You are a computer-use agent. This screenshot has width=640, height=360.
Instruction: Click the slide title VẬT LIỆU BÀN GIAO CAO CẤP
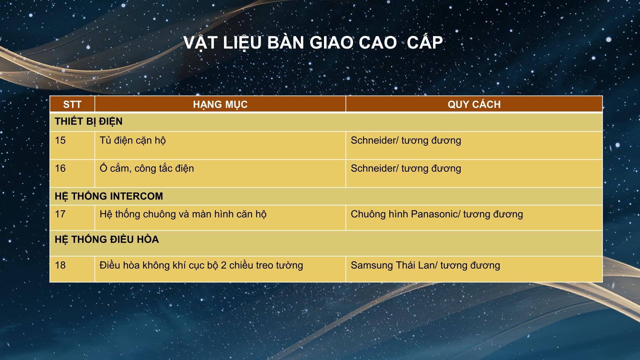[x=313, y=43]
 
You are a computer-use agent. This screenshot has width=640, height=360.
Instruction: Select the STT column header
[x=72, y=104]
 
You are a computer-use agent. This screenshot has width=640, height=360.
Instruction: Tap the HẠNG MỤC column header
[x=220, y=105]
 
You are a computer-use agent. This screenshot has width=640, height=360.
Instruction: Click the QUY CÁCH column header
[x=474, y=104]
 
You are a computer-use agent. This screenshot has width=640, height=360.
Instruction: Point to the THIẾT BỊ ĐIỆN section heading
[x=89, y=122]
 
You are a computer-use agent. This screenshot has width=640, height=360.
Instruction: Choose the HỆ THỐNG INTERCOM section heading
[x=109, y=196]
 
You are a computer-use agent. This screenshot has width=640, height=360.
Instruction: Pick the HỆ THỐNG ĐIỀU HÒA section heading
[x=107, y=239]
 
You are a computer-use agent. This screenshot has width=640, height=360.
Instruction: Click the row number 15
[x=60, y=140]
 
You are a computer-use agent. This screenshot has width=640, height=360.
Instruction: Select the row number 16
[x=60, y=168]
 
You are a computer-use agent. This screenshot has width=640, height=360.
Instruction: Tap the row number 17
[x=60, y=214]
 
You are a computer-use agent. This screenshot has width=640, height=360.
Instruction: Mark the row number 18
[x=60, y=265]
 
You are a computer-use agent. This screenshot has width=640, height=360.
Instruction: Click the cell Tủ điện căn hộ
[x=133, y=141]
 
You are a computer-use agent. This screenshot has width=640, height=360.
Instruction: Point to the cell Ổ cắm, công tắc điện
[x=147, y=168]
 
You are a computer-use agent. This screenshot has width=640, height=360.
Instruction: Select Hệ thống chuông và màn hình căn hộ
[x=183, y=214]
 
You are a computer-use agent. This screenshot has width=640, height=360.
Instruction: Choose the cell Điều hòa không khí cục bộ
[x=201, y=265]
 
